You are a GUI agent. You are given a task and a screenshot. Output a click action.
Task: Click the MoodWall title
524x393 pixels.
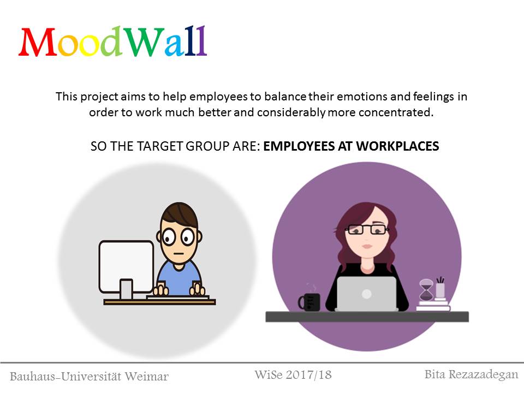click(x=113, y=41)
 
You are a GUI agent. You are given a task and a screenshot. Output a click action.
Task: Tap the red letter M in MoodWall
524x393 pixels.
click(x=38, y=42)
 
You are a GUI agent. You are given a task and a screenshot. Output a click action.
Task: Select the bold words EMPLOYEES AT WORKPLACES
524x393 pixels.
click(x=351, y=146)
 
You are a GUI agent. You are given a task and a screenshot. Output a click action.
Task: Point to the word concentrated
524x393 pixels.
click(x=396, y=112)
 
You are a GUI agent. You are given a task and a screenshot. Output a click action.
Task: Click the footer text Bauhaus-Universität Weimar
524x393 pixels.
click(x=89, y=377)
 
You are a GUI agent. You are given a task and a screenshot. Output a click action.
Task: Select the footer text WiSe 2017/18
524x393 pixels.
click(x=293, y=374)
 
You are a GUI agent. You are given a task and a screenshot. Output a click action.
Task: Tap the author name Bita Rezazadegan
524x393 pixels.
click(x=471, y=374)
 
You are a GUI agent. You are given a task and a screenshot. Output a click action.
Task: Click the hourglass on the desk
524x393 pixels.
click(x=426, y=290)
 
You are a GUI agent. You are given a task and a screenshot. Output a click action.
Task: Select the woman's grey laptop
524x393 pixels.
click(x=367, y=294)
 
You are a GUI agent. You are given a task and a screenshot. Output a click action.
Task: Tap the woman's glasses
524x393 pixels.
click(x=367, y=230)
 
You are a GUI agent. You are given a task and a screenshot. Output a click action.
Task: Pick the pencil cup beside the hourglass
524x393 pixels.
click(x=440, y=288)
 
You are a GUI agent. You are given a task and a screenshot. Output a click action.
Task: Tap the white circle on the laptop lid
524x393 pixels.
click(x=367, y=294)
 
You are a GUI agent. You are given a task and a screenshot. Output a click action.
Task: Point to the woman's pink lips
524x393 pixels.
click(x=367, y=247)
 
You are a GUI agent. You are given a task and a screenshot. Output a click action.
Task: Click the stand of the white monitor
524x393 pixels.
click(x=126, y=289)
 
